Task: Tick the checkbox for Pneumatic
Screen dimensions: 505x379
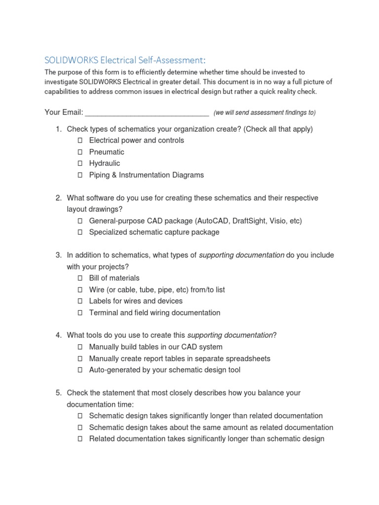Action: [79, 152]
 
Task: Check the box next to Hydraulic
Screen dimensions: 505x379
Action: [79, 164]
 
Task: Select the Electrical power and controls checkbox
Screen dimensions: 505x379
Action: [79, 141]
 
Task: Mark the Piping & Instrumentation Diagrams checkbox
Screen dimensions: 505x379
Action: [79, 175]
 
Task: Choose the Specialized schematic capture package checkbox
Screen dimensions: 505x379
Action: [79, 232]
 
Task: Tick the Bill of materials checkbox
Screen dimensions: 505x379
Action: [79, 279]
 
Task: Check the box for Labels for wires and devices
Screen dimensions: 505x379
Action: [79, 301]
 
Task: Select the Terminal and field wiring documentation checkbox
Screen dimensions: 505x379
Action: [79, 313]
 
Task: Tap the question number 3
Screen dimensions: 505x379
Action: [58, 255]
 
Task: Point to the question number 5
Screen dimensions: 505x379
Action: [58, 393]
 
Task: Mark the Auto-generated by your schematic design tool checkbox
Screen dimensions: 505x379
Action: [79, 370]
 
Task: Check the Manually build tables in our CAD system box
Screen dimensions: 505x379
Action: [79, 347]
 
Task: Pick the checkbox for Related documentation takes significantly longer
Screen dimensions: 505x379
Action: [79, 439]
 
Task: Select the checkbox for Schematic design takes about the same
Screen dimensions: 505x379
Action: [79, 428]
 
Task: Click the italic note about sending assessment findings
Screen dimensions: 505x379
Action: [265, 113]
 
